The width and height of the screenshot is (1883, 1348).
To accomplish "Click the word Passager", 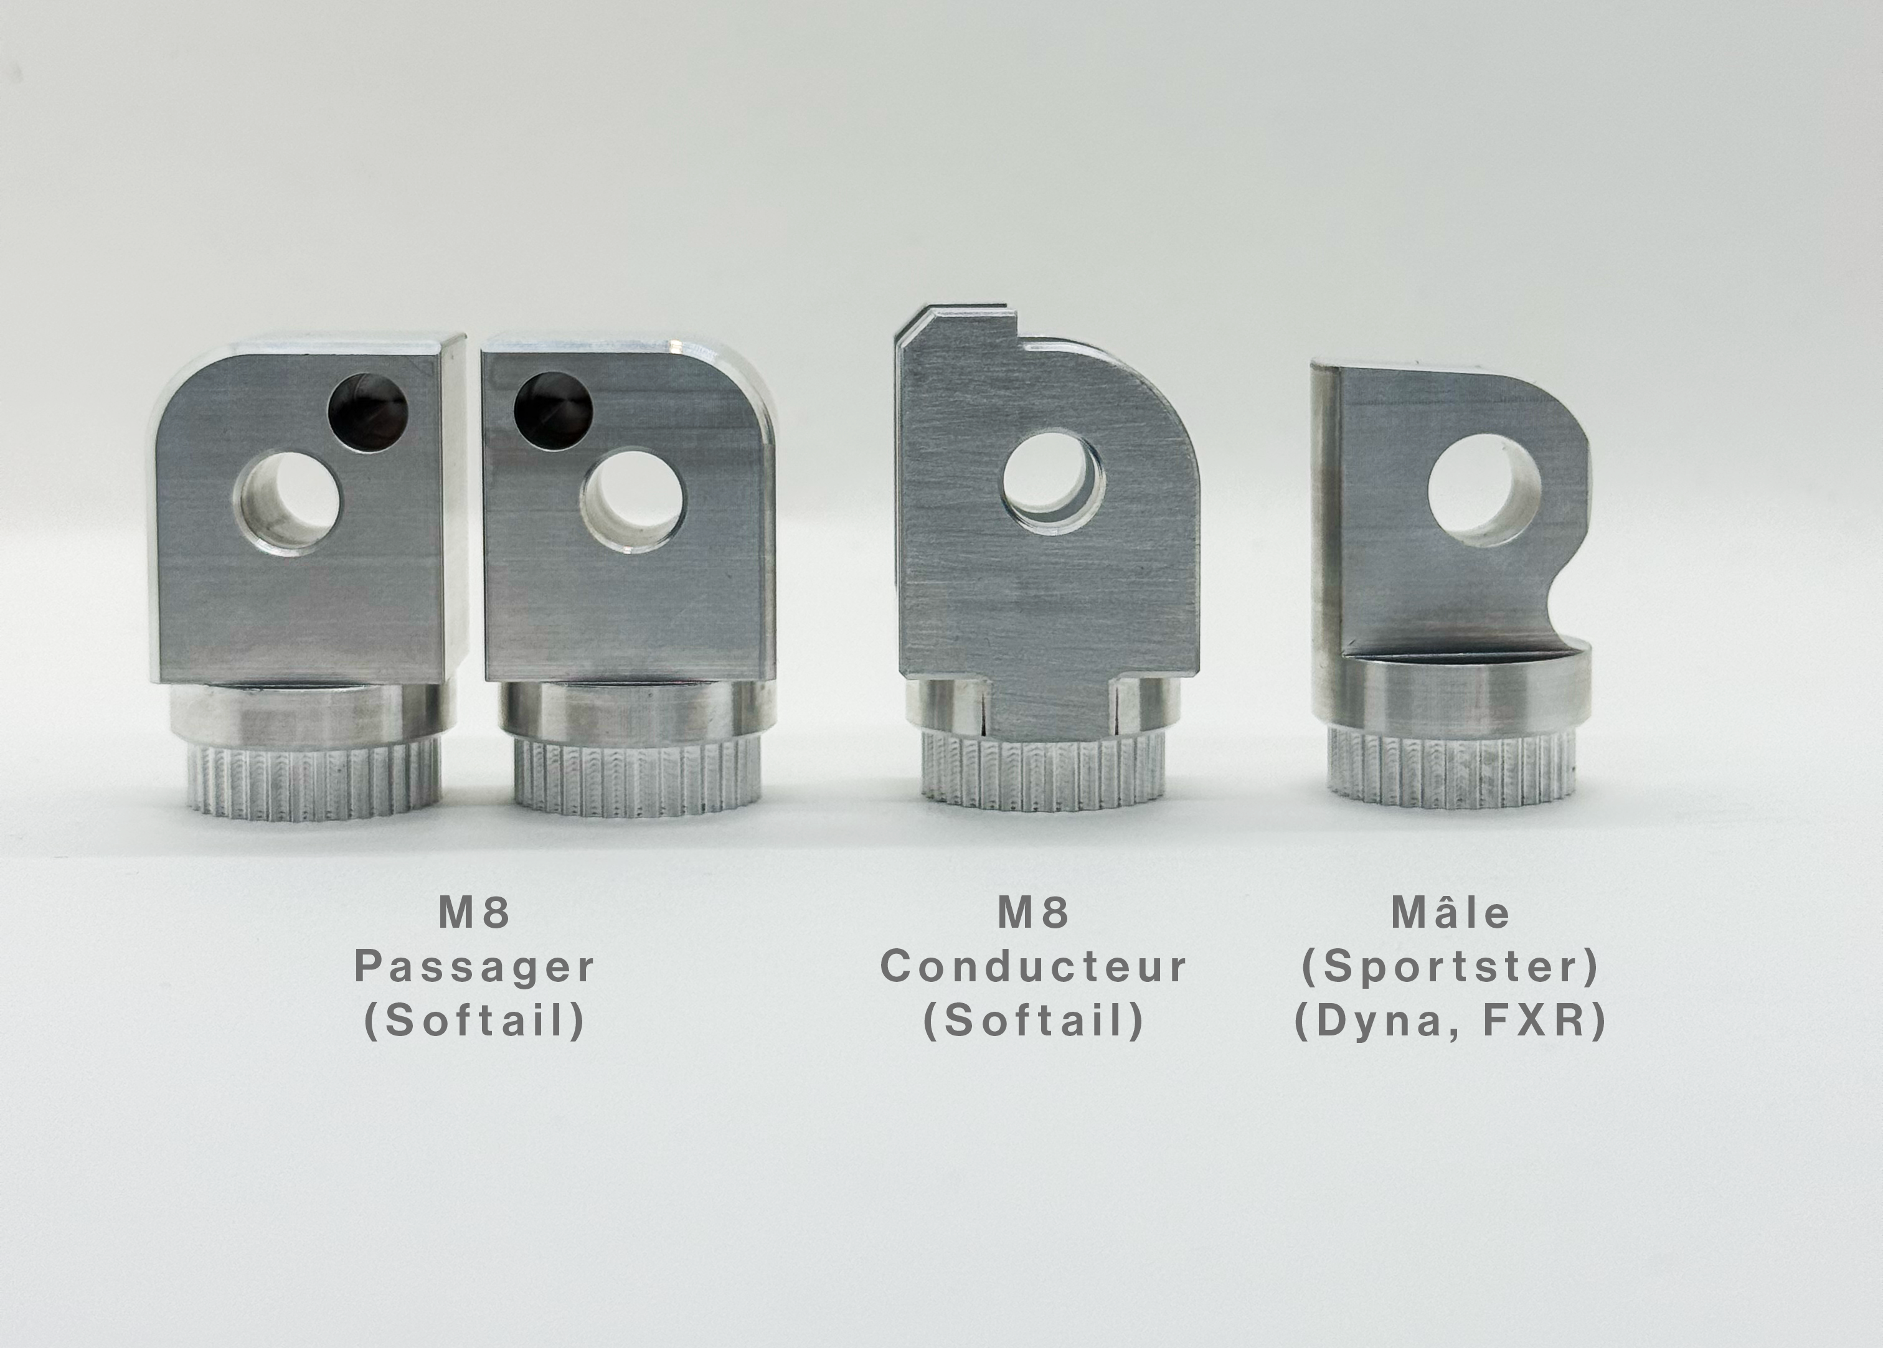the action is coord(474,968).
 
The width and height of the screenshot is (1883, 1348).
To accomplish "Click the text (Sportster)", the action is coord(1451,967).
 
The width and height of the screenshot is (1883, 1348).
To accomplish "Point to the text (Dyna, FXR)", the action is coord(1451,1022).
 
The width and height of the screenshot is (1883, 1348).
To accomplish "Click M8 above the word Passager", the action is coord(474,913).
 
